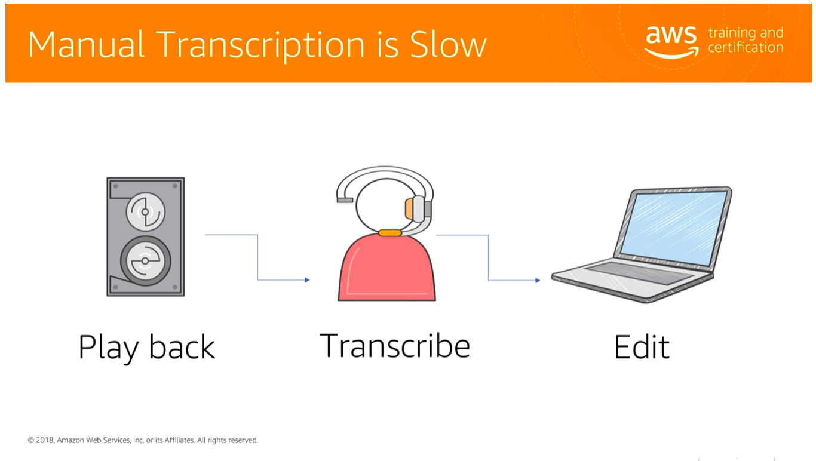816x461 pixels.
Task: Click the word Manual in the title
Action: click(85, 44)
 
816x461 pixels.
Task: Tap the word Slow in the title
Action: click(448, 44)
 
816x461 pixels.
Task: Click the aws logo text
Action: click(671, 35)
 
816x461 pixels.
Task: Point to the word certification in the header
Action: click(745, 48)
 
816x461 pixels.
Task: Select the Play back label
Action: click(146, 347)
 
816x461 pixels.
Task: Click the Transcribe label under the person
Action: click(395, 345)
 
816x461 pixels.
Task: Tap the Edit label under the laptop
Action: click(642, 347)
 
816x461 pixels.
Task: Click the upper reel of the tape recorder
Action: click(145, 211)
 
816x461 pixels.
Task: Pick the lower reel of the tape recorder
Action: click(145, 262)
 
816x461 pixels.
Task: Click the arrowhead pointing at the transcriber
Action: click(306, 279)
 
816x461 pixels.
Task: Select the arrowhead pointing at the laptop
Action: click(538, 280)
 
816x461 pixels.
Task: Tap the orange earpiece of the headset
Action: click(409, 208)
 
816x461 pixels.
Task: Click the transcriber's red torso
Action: click(386, 269)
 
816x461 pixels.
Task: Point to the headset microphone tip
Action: click(344, 199)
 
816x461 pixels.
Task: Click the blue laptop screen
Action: click(673, 227)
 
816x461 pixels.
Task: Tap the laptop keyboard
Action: click(639, 272)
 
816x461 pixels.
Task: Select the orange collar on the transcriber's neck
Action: click(389, 232)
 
